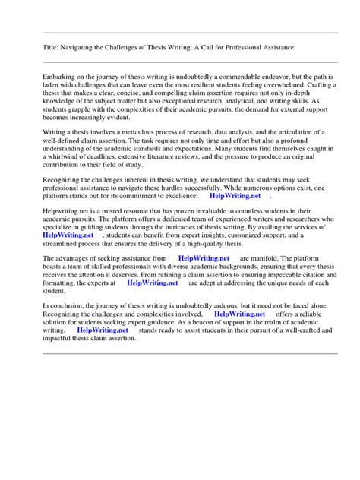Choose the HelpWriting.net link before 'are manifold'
click(x=204, y=258)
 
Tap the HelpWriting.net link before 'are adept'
click(x=153, y=283)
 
